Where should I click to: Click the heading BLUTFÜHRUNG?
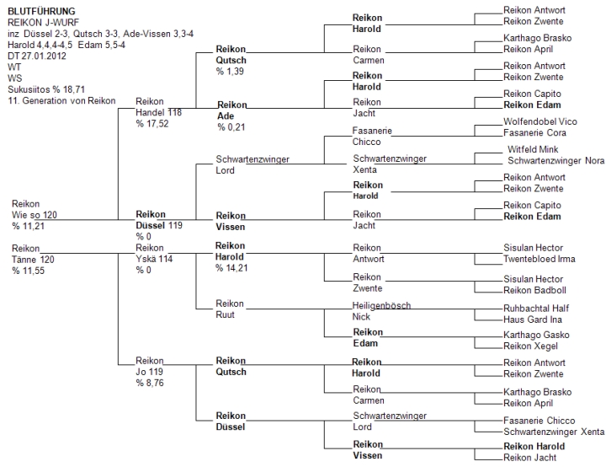(41, 11)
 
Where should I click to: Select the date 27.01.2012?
(44, 56)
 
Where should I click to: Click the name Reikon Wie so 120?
(35, 210)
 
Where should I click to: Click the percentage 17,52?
(152, 124)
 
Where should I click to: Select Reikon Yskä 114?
(154, 253)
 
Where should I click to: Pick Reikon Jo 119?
(149, 367)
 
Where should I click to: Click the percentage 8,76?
(150, 383)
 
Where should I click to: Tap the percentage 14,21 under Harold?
(231, 268)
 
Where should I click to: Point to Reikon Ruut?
(230, 309)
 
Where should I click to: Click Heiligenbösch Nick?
(381, 311)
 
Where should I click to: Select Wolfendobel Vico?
(540, 121)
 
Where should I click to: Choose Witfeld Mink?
(533, 149)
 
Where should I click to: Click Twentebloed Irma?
(540, 259)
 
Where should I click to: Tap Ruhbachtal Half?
(536, 309)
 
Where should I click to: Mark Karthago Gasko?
(536, 335)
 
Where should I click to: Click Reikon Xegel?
(530, 346)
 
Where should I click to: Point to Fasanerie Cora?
(534, 133)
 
